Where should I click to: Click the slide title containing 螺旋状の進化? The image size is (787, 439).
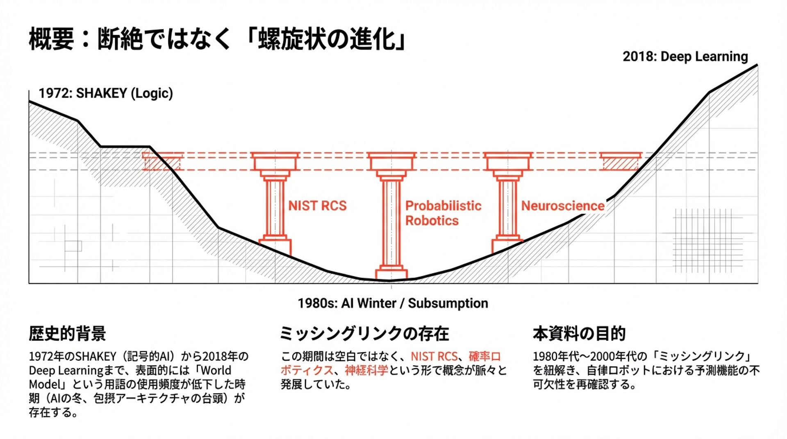(217, 39)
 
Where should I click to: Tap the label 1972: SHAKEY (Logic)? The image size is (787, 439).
(106, 93)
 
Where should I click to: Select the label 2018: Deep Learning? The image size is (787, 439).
(685, 57)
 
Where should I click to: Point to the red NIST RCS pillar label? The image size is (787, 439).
(317, 206)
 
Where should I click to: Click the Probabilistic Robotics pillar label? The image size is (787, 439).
(443, 213)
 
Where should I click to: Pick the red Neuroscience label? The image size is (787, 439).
(562, 206)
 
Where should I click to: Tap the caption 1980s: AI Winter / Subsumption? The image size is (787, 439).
(393, 303)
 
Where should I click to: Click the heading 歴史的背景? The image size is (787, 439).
(67, 333)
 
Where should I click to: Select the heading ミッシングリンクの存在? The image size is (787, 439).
(364, 333)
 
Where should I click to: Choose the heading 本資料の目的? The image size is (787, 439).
(579, 333)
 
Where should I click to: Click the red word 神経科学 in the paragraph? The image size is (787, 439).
(366, 370)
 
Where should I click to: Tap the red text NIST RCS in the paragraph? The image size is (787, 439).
(434, 356)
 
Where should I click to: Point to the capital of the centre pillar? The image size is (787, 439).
(391, 162)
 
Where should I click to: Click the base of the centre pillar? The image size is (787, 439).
(391, 272)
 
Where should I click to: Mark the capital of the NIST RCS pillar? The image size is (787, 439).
(275, 162)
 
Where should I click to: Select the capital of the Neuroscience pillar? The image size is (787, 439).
(507, 162)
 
